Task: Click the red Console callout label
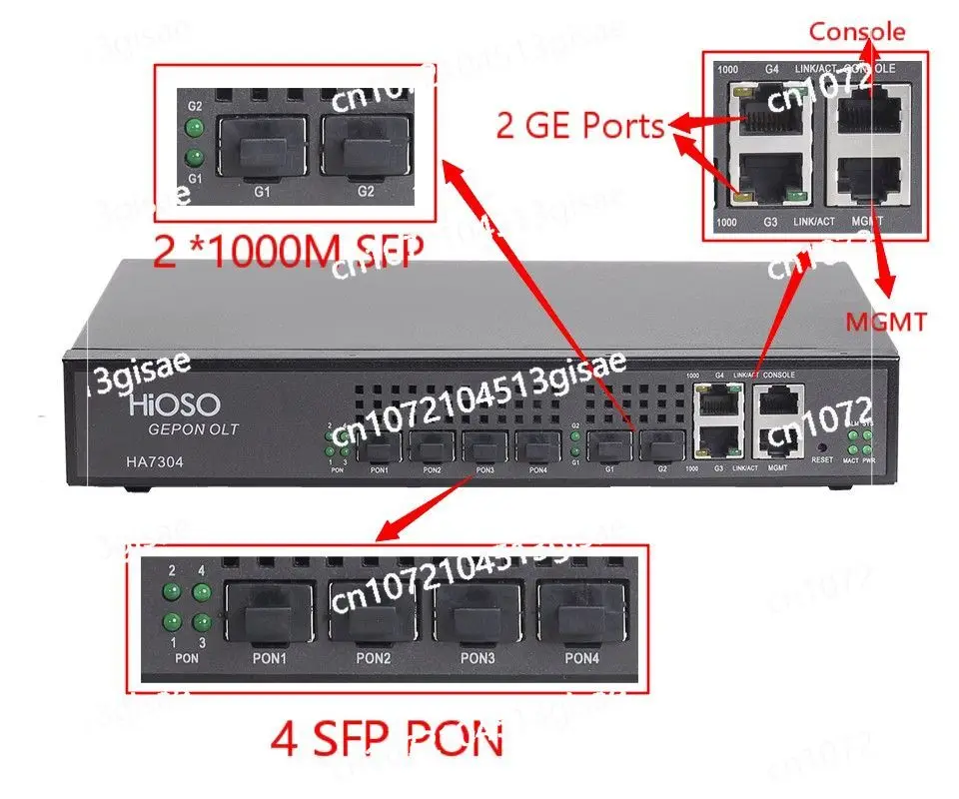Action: [x=857, y=31]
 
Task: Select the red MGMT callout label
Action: [x=885, y=322]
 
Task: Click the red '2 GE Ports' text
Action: [x=581, y=126]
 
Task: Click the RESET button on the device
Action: [x=821, y=446]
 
